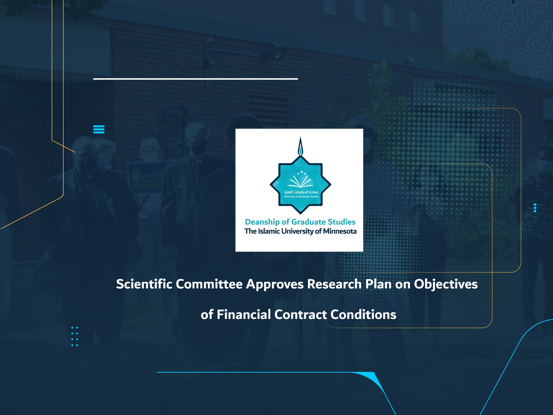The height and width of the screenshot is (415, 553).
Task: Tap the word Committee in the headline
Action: pyautogui.click(x=209, y=284)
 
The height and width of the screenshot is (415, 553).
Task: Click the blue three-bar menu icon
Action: pyautogui.click(x=99, y=129)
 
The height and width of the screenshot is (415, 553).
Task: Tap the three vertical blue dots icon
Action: pyautogui.click(x=535, y=208)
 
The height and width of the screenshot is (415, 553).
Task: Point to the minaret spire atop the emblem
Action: pyautogui.click(x=301, y=146)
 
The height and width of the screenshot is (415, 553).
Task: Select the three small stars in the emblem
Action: pyautogui.click(x=302, y=172)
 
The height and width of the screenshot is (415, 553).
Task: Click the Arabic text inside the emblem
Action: pyautogui.click(x=301, y=192)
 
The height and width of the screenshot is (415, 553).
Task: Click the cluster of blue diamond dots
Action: pyautogui.click(x=75, y=336)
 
